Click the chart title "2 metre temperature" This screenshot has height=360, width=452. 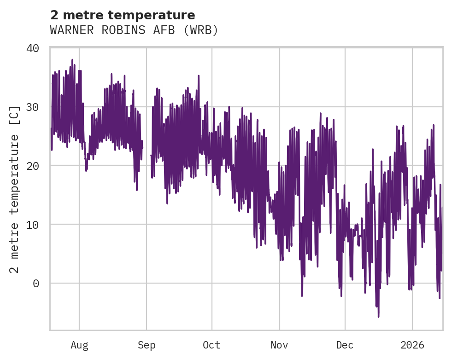[x=123, y=15]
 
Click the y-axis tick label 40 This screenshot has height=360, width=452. [x=38, y=48]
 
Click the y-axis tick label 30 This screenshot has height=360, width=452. [x=38, y=107]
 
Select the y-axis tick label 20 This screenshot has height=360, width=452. [x=38, y=166]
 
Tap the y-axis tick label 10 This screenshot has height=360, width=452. [x=38, y=225]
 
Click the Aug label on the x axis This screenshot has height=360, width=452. [x=79, y=345]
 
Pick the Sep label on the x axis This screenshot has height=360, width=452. [x=147, y=345]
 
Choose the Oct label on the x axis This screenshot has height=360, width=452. [x=212, y=345]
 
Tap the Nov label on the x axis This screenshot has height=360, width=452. [x=279, y=345]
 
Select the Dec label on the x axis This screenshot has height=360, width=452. [x=345, y=345]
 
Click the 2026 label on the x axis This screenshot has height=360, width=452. [x=412, y=345]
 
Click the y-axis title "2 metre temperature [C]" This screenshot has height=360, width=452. [x=15, y=189]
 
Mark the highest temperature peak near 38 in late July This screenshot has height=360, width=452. [x=72, y=60]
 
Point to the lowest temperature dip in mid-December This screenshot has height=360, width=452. [x=379, y=316]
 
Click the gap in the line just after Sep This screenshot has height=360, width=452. [x=147, y=152]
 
